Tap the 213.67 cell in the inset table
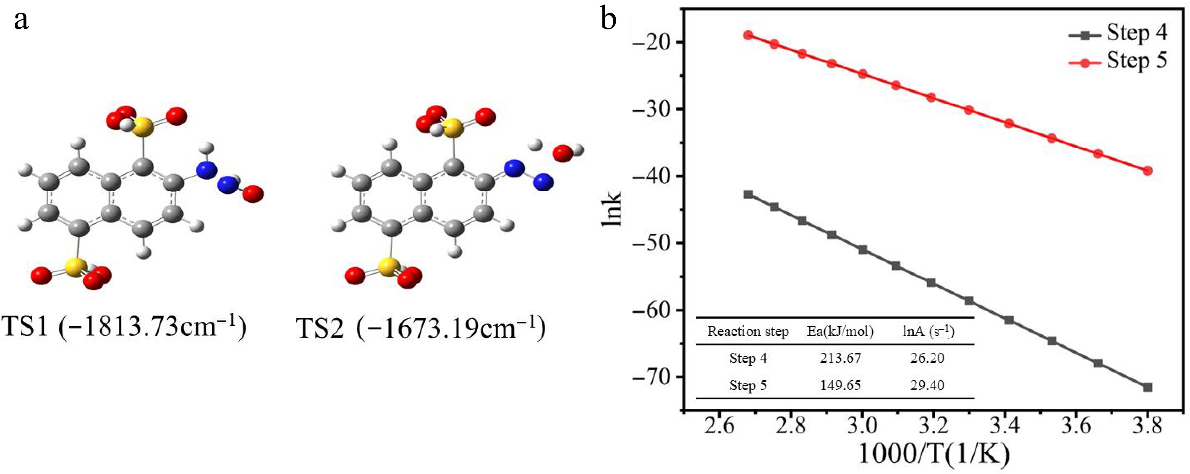[840, 358]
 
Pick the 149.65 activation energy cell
[840, 385]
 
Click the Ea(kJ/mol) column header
[840, 331]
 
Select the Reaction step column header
[748, 331]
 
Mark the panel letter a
[21, 20]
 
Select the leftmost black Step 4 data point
[748, 194]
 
